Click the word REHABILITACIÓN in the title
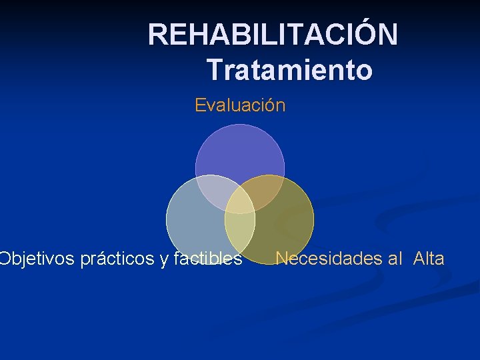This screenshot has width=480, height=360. click(x=273, y=35)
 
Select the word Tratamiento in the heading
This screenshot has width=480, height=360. click(x=289, y=69)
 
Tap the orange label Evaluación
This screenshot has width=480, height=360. click(x=240, y=105)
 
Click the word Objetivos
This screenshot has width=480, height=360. click(x=37, y=259)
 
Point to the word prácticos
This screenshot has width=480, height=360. click(x=117, y=259)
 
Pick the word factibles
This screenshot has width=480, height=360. click(x=207, y=259)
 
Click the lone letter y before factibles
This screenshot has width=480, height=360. click(x=164, y=260)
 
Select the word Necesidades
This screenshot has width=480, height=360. click(x=329, y=259)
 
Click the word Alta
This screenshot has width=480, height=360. click(x=429, y=259)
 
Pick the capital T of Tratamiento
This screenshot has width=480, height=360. click(x=214, y=69)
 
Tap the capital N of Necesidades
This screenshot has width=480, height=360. click(x=281, y=259)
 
